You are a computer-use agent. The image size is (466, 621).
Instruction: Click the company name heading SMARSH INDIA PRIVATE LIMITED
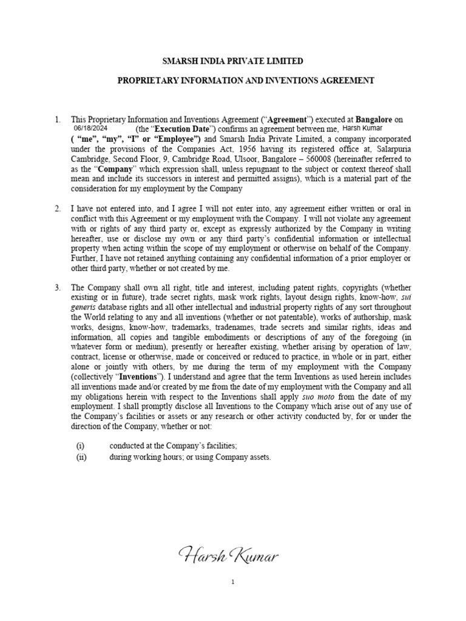pos(232,61)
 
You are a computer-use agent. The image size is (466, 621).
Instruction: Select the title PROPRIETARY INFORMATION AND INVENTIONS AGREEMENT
pos(232,80)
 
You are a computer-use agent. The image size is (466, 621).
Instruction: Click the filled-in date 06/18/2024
pos(90,129)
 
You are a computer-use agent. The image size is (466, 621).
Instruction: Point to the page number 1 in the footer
pos(232,582)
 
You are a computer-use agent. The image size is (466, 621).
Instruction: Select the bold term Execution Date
pos(180,129)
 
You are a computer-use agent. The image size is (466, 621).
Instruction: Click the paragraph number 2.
pos(58,209)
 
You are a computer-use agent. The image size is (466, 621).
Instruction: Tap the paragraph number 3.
pos(58,287)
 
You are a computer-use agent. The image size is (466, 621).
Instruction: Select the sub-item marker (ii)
pos(81,457)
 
